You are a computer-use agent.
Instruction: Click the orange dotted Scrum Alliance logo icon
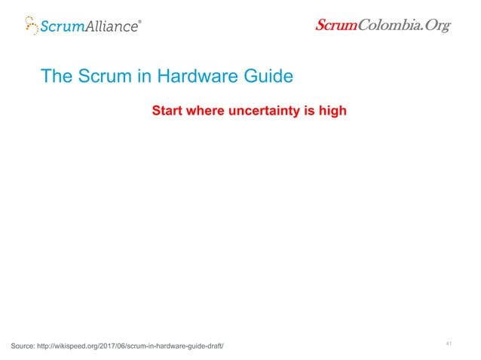coord(31,25)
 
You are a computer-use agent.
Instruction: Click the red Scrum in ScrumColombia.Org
coord(335,26)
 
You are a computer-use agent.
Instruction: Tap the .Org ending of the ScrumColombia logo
coord(432,26)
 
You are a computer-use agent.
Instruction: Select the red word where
coord(208,111)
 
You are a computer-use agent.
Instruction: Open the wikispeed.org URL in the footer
coord(139,346)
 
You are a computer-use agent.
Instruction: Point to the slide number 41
coord(449,343)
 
